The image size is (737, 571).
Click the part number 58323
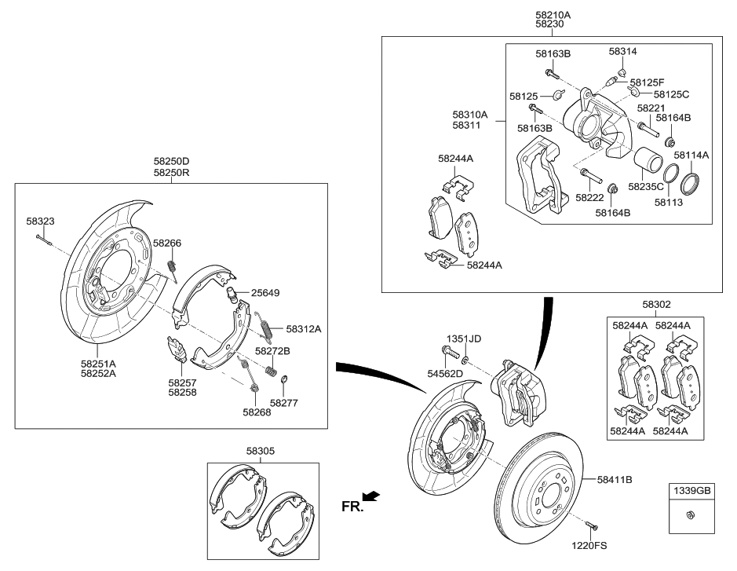pyautogui.click(x=40, y=221)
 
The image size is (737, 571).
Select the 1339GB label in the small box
pyautogui.click(x=689, y=491)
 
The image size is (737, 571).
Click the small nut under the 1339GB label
pyautogui.click(x=689, y=515)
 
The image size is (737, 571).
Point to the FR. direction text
pyautogui.click(x=352, y=507)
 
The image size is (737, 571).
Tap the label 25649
pyautogui.click(x=265, y=292)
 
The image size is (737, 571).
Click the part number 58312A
pyautogui.click(x=303, y=329)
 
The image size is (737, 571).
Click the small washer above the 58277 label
pyautogui.click(x=283, y=383)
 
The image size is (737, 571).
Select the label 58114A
pyautogui.click(x=691, y=156)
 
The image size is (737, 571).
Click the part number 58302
pyautogui.click(x=656, y=303)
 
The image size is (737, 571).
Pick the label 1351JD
pyautogui.click(x=463, y=339)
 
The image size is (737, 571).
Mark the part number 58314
pyautogui.click(x=622, y=51)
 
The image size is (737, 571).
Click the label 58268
pyautogui.click(x=257, y=411)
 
